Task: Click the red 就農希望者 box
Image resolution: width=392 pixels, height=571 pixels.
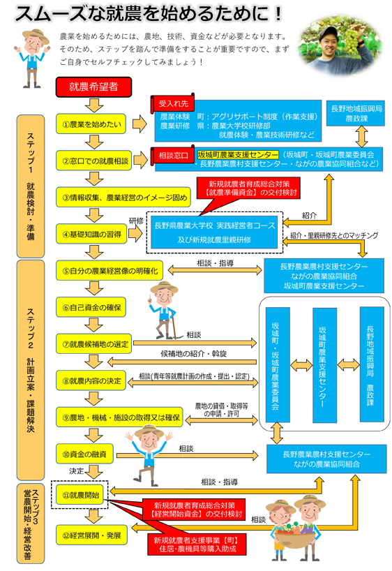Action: [x=93, y=87]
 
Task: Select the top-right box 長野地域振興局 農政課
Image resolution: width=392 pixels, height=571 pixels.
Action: [x=356, y=114]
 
